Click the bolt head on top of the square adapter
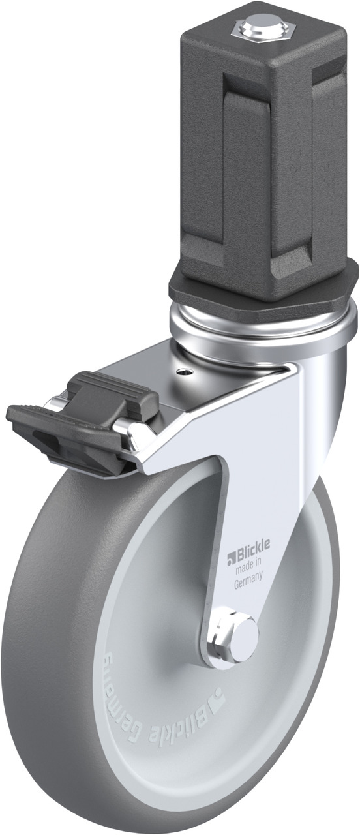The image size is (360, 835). pos(260,26)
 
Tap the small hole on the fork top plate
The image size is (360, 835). pos(183,371)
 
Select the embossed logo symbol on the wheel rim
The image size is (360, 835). pos(215,695)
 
